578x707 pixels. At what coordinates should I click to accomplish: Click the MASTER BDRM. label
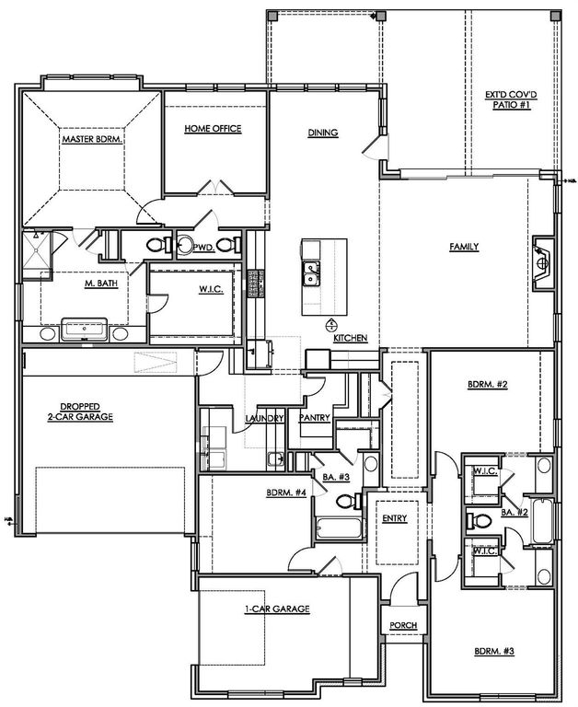tap(92, 139)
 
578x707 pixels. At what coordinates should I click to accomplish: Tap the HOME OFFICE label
tap(213, 129)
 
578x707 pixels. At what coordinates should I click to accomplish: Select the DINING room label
tap(323, 133)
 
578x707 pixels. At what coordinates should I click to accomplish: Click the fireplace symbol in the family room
tap(543, 261)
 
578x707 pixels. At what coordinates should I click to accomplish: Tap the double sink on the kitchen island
tap(312, 273)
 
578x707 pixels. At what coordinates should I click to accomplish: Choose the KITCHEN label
tap(350, 339)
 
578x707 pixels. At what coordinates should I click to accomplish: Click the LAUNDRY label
tap(262, 418)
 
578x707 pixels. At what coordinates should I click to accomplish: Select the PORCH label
tap(402, 626)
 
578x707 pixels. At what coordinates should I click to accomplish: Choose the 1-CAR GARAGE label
tap(277, 609)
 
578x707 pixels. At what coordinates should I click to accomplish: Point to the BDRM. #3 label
tap(493, 652)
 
